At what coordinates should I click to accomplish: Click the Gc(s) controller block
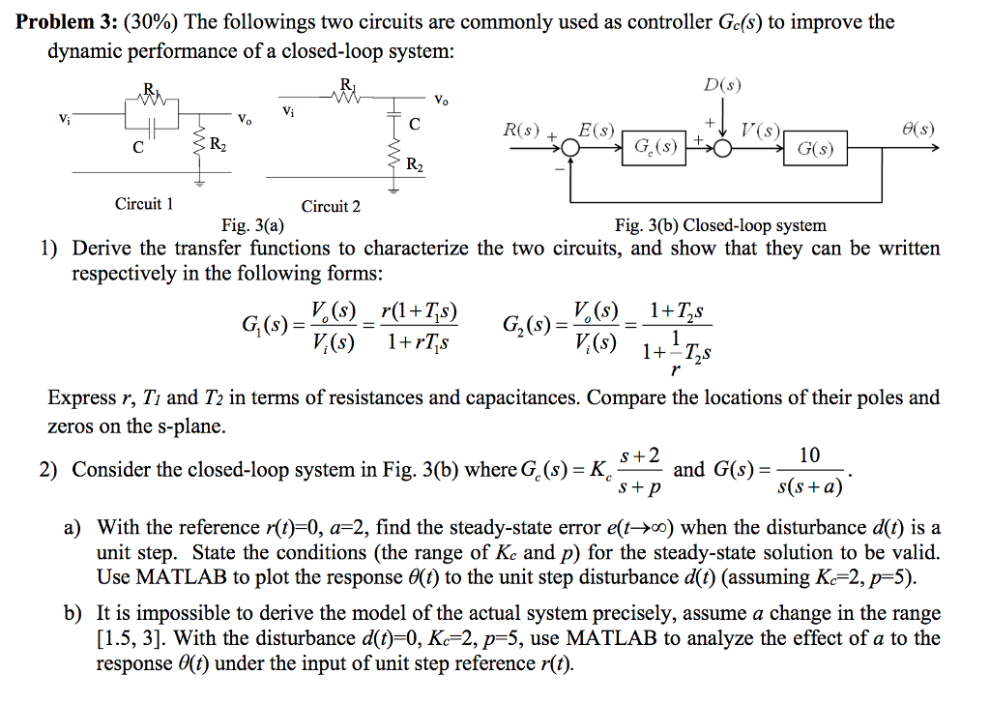pyautogui.click(x=655, y=149)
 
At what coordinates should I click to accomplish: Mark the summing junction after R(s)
pyautogui.click(x=570, y=149)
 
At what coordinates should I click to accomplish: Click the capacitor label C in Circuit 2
pyautogui.click(x=415, y=124)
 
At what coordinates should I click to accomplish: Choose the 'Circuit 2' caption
pyautogui.click(x=331, y=206)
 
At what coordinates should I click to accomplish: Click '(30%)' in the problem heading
pyautogui.click(x=142, y=21)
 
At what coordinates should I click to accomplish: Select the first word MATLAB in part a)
pyautogui.click(x=155, y=577)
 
